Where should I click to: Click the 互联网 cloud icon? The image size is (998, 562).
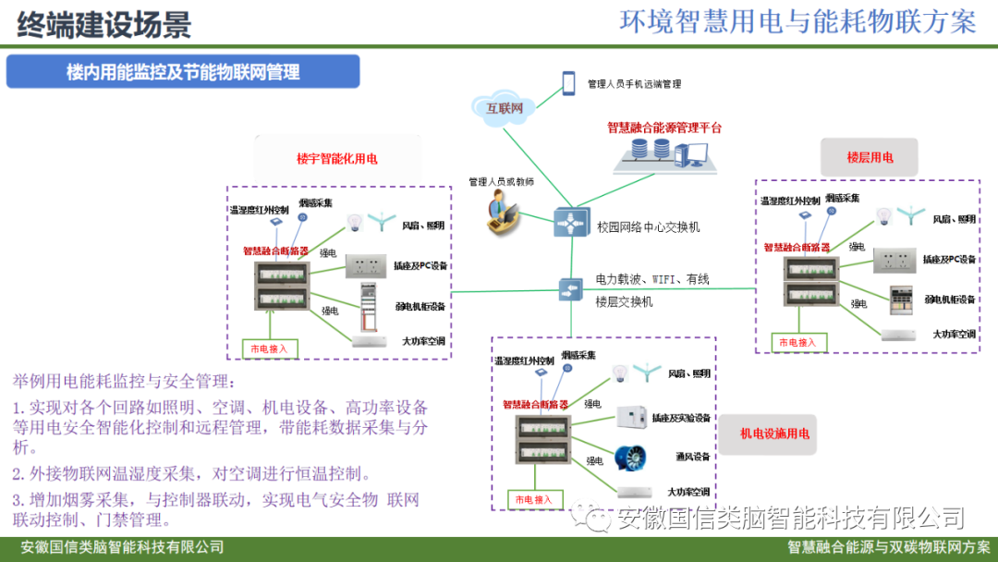(505, 108)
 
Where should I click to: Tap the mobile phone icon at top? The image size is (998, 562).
(569, 83)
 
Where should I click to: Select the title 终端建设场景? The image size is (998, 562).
(103, 23)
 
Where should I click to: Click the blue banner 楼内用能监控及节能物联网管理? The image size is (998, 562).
(183, 71)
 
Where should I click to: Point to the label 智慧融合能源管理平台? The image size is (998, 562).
(664, 128)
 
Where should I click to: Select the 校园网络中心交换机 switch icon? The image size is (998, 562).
(569, 224)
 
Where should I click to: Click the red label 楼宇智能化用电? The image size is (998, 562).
(336, 158)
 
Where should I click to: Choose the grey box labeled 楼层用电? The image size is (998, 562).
(870, 157)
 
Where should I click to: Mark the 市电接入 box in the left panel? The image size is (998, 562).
(269, 348)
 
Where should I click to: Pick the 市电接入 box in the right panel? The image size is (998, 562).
(797, 342)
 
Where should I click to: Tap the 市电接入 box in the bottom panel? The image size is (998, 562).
(532, 499)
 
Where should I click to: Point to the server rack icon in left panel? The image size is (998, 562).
(371, 306)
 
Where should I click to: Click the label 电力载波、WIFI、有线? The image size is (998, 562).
(652, 277)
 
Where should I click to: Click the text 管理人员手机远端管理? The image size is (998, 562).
(634, 84)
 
